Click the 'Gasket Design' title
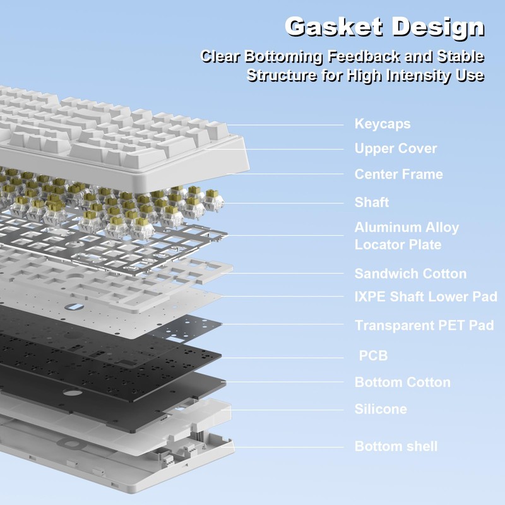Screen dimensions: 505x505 [x=384, y=27]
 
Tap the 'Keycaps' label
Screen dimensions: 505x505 [x=383, y=124]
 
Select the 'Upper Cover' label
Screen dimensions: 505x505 [x=396, y=148]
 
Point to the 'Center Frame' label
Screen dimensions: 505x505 [x=398, y=174]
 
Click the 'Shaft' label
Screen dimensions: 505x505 [x=372, y=202]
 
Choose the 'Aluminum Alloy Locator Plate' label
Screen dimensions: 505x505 [x=407, y=236]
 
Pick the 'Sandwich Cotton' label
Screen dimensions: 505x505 [x=410, y=274]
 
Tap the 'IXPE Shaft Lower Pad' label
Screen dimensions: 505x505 [x=425, y=297]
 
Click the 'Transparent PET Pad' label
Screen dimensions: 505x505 [x=424, y=325]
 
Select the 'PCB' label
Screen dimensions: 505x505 [x=373, y=355]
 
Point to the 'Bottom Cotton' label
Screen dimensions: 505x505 [x=402, y=383]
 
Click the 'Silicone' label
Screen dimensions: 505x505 [x=381, y=409]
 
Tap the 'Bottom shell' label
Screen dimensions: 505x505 [x=396, y=446]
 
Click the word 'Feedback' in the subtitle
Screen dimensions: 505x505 [x=364, y=57]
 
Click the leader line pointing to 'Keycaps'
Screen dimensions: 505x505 [x=285, y=125]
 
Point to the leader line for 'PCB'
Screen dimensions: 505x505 [x=282, y=357]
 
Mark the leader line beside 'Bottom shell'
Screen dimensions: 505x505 [x=288, y=447]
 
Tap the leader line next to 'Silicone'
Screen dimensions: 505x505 [x=287, y=410]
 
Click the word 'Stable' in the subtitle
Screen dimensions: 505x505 [x=461, y=57]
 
